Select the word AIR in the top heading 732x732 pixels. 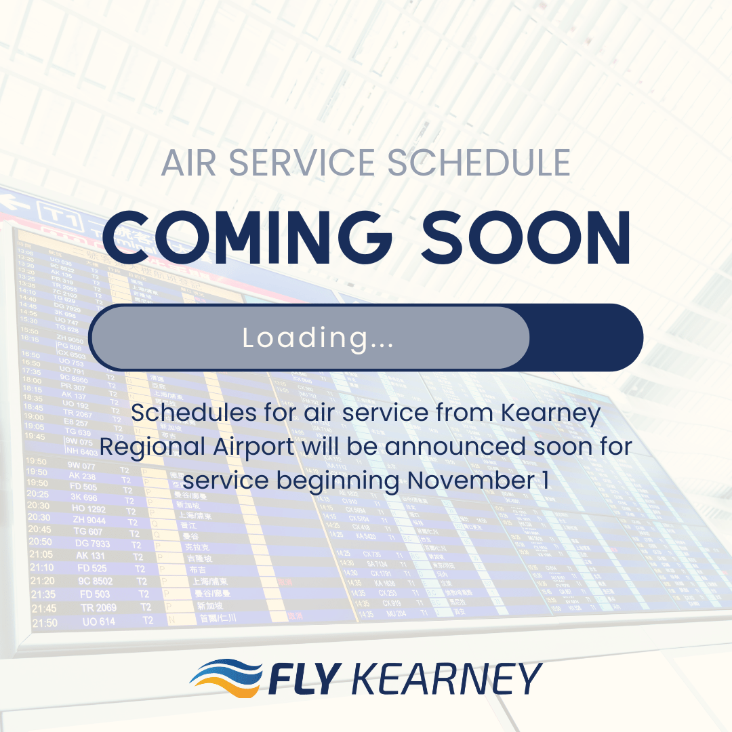191,163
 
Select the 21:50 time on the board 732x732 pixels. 45,622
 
